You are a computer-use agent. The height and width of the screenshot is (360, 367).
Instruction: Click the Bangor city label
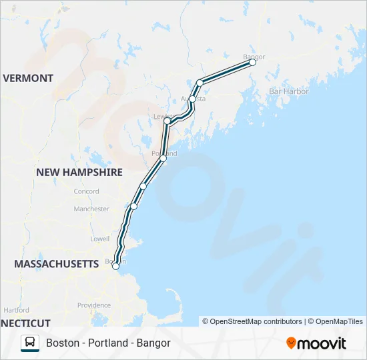254,57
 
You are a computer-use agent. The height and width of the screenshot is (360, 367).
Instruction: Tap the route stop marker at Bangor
253,63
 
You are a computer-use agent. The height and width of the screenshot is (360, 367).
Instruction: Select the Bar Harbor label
289,91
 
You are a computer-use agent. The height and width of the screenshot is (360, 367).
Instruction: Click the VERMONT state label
28,78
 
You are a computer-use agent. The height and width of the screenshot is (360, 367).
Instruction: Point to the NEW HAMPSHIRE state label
79,172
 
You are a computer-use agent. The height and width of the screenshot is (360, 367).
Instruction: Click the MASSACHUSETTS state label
57,264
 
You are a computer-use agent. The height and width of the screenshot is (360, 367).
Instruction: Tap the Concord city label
87,191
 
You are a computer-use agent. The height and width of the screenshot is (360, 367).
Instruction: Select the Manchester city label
91,209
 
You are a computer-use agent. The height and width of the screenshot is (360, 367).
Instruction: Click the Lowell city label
99,238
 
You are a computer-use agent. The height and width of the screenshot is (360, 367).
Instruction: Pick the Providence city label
93,305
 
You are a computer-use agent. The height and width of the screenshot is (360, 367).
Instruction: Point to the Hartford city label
16,310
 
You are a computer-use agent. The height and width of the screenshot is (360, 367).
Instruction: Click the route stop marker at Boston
116,266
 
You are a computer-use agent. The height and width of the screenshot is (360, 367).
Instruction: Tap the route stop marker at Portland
163,158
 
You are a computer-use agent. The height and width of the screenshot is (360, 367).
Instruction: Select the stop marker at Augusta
193,99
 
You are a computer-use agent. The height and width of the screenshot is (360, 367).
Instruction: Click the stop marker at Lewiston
167,121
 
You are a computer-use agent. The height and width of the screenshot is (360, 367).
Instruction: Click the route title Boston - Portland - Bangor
108,343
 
